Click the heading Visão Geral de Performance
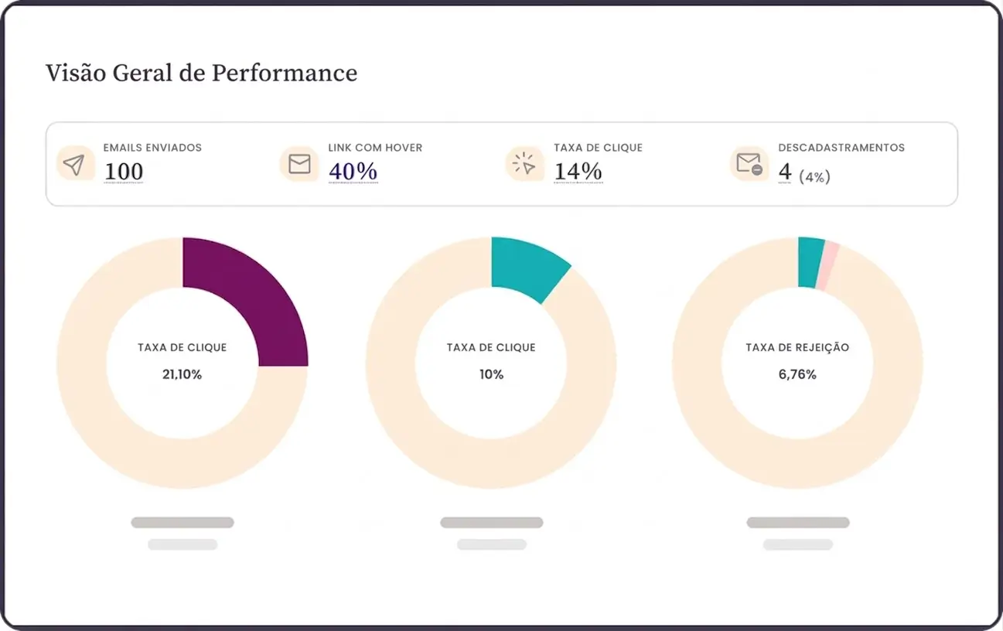pos(201,73)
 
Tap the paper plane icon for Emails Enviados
pos(74,165)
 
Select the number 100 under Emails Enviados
pos(124,172)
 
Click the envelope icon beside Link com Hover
pos(299,164)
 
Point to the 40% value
pos(353,172)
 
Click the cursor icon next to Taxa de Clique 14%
pos(524,164)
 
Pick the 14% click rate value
pos(578,172)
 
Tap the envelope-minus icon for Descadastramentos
pos(749,164)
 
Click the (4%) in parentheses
pos(814,177)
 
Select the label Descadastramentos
pos(841,148)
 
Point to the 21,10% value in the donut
pos(182,374)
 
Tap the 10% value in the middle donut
pos(491,374)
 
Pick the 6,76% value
pos(797,374)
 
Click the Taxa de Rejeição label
pos(797,348)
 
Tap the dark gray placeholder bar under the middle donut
pos(491,523)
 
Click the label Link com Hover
pos(375,148)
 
